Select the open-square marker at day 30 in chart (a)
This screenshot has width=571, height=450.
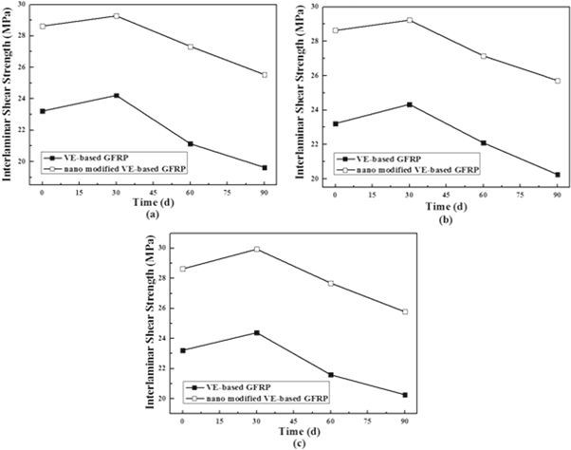click(x=116, y=16)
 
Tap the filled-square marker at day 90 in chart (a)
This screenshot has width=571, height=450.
click(x=264, y=167)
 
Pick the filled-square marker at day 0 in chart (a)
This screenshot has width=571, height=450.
click(x=42, y=111)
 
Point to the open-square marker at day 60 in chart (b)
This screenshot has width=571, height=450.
click(x=483, y=56)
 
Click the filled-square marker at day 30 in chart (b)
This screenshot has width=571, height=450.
click(x=409, y=104)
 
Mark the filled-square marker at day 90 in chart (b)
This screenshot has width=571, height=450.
click(x=557, y=175)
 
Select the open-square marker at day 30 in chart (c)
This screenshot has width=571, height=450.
click(x=256, y=250)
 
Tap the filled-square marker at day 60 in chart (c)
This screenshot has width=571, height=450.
click(x=330, y=375)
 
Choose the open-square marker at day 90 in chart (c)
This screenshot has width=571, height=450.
click(x=405, y=312)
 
